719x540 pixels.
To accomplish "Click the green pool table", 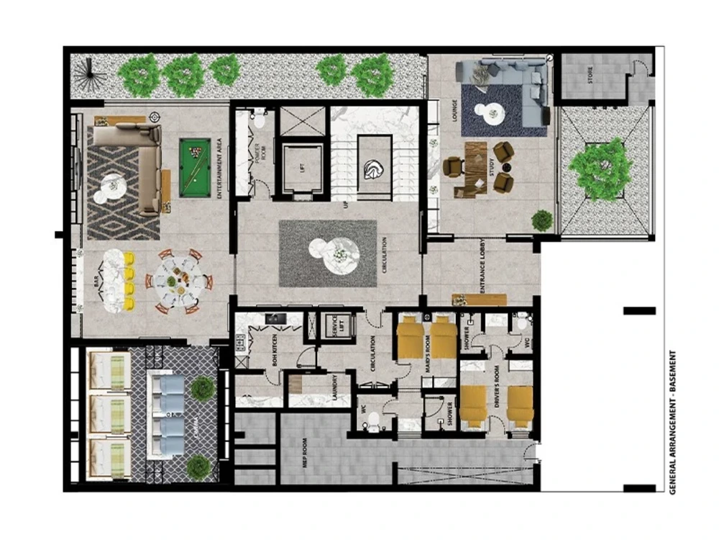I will coord(194,167).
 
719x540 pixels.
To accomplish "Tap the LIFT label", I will coord(303,168).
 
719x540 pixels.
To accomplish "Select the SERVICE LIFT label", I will coord(331,326).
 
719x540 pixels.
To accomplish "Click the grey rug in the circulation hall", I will coord(327,253).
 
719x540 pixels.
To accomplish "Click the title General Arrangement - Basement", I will coord(673,420).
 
